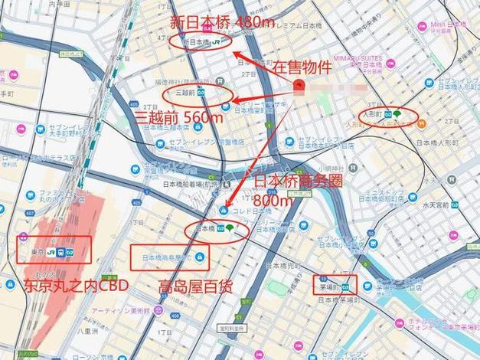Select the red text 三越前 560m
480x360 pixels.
point(179,117)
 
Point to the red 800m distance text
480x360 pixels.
point(274,199)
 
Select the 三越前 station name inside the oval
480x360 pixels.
point(186,92)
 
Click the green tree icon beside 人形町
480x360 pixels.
point(398,113)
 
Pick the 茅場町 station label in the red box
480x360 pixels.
point(330,286)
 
